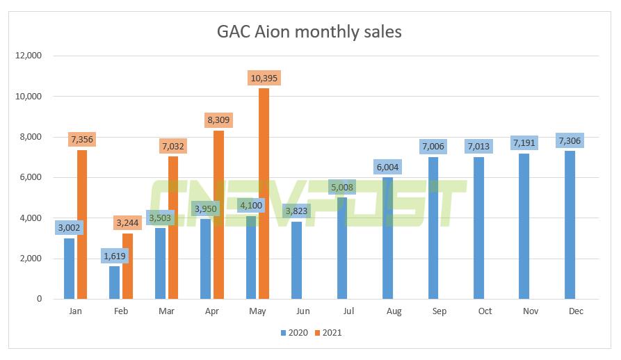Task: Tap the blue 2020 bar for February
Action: (x=114, y=282)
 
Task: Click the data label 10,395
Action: (x=264, y=78)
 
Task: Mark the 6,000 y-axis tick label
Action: (x=29, y=177)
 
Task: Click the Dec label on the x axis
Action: (x=575, y=312)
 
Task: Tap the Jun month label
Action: (x=303, y=312)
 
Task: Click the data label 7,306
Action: (x=570, y=141)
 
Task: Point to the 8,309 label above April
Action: (x=218, y=120)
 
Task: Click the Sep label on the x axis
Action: (x=439, y=312)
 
